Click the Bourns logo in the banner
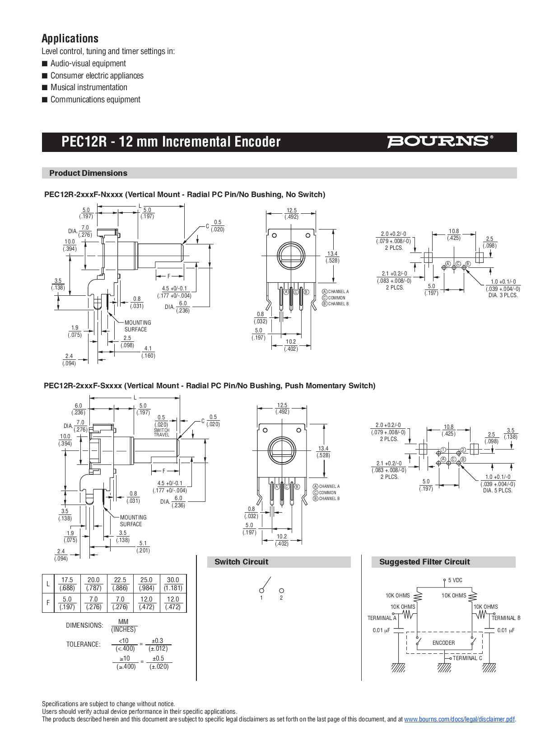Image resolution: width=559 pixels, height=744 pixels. [x=439, y=142]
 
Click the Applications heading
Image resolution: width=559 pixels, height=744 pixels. [x=70, y=38]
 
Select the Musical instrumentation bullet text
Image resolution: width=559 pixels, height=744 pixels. [x=89, y=87]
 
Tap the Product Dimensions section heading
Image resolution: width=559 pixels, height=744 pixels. [x=88, y=173]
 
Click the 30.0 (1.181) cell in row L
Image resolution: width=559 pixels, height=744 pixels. [x=173, y=583]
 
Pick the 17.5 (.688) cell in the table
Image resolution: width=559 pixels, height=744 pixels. [x=67, y=583]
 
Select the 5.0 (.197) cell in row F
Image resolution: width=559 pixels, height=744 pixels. [x=67, y=603]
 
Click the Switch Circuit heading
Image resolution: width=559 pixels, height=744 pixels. [x=241, y=562]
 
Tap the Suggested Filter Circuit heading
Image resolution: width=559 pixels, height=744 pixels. [x=424, y=562]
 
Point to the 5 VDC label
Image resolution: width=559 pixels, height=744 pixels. [x=455, y=580]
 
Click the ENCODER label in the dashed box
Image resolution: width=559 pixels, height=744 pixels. [x=443, y=643]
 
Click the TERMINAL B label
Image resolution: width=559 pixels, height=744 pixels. [x=506, y=618]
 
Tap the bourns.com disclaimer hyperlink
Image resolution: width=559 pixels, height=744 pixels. [x=459, y=719]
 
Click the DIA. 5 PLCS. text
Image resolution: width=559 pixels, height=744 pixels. [x=498, y=491]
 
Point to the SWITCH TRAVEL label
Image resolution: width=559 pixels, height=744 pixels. [x=162, y=432]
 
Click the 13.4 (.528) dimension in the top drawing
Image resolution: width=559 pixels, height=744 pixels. [x=332, y=257]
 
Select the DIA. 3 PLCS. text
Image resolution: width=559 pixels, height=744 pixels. [x=503, y=295]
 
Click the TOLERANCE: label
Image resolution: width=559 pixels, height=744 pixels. [x=83, y=644]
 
